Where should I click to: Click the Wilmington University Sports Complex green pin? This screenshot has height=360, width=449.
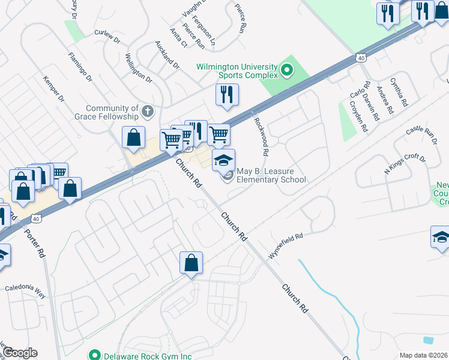pyautogui.click(x=287, y=71)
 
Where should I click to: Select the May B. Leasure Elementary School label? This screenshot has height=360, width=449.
pyautogui.click(x=271, y=176)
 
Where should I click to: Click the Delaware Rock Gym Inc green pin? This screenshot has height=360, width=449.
pyautogui.click(x=94, y=355)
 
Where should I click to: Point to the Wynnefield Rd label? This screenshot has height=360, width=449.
pyautogui.click(x=286, y=247)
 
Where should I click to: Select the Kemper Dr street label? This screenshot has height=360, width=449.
pyautogui.click(x=53, y=92)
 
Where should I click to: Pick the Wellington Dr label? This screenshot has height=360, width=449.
pyautogui.click(x=138, y=67)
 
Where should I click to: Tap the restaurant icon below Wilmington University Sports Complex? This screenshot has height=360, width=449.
pyautogui.click(x=227, y=95)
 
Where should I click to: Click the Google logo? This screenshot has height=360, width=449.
pyautogui.click(x=19, y=352)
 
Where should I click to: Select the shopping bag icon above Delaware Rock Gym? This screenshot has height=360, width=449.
pyautogui.click(x=191, y=263)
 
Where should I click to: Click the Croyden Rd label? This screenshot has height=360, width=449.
pyautogui.click(x=358, y=116)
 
